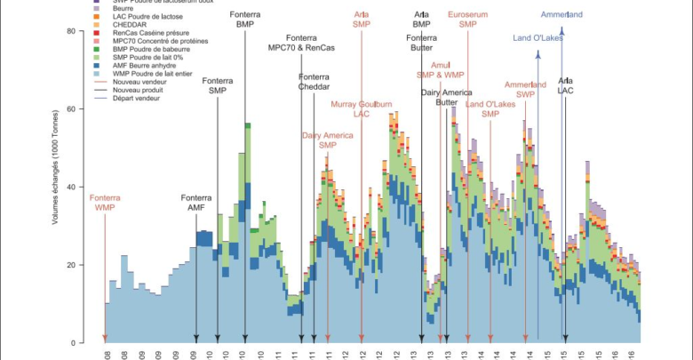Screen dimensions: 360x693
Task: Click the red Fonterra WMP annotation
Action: [105, 202]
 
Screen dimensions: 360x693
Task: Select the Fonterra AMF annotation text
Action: [196, 202]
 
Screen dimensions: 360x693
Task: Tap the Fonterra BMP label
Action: [245, 20]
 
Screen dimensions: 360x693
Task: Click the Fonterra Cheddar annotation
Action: [314, 82]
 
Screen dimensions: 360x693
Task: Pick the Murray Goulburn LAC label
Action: [362, 108]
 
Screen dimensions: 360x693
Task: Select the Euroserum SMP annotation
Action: [468, 20]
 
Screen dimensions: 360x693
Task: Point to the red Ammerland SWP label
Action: [525, 89]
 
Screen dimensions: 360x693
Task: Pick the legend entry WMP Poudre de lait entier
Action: [155, 73]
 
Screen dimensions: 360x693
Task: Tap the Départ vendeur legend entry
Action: [142, 97]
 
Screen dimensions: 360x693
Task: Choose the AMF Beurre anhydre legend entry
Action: [147, 65]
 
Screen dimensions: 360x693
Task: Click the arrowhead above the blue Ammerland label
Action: [562, 30]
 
